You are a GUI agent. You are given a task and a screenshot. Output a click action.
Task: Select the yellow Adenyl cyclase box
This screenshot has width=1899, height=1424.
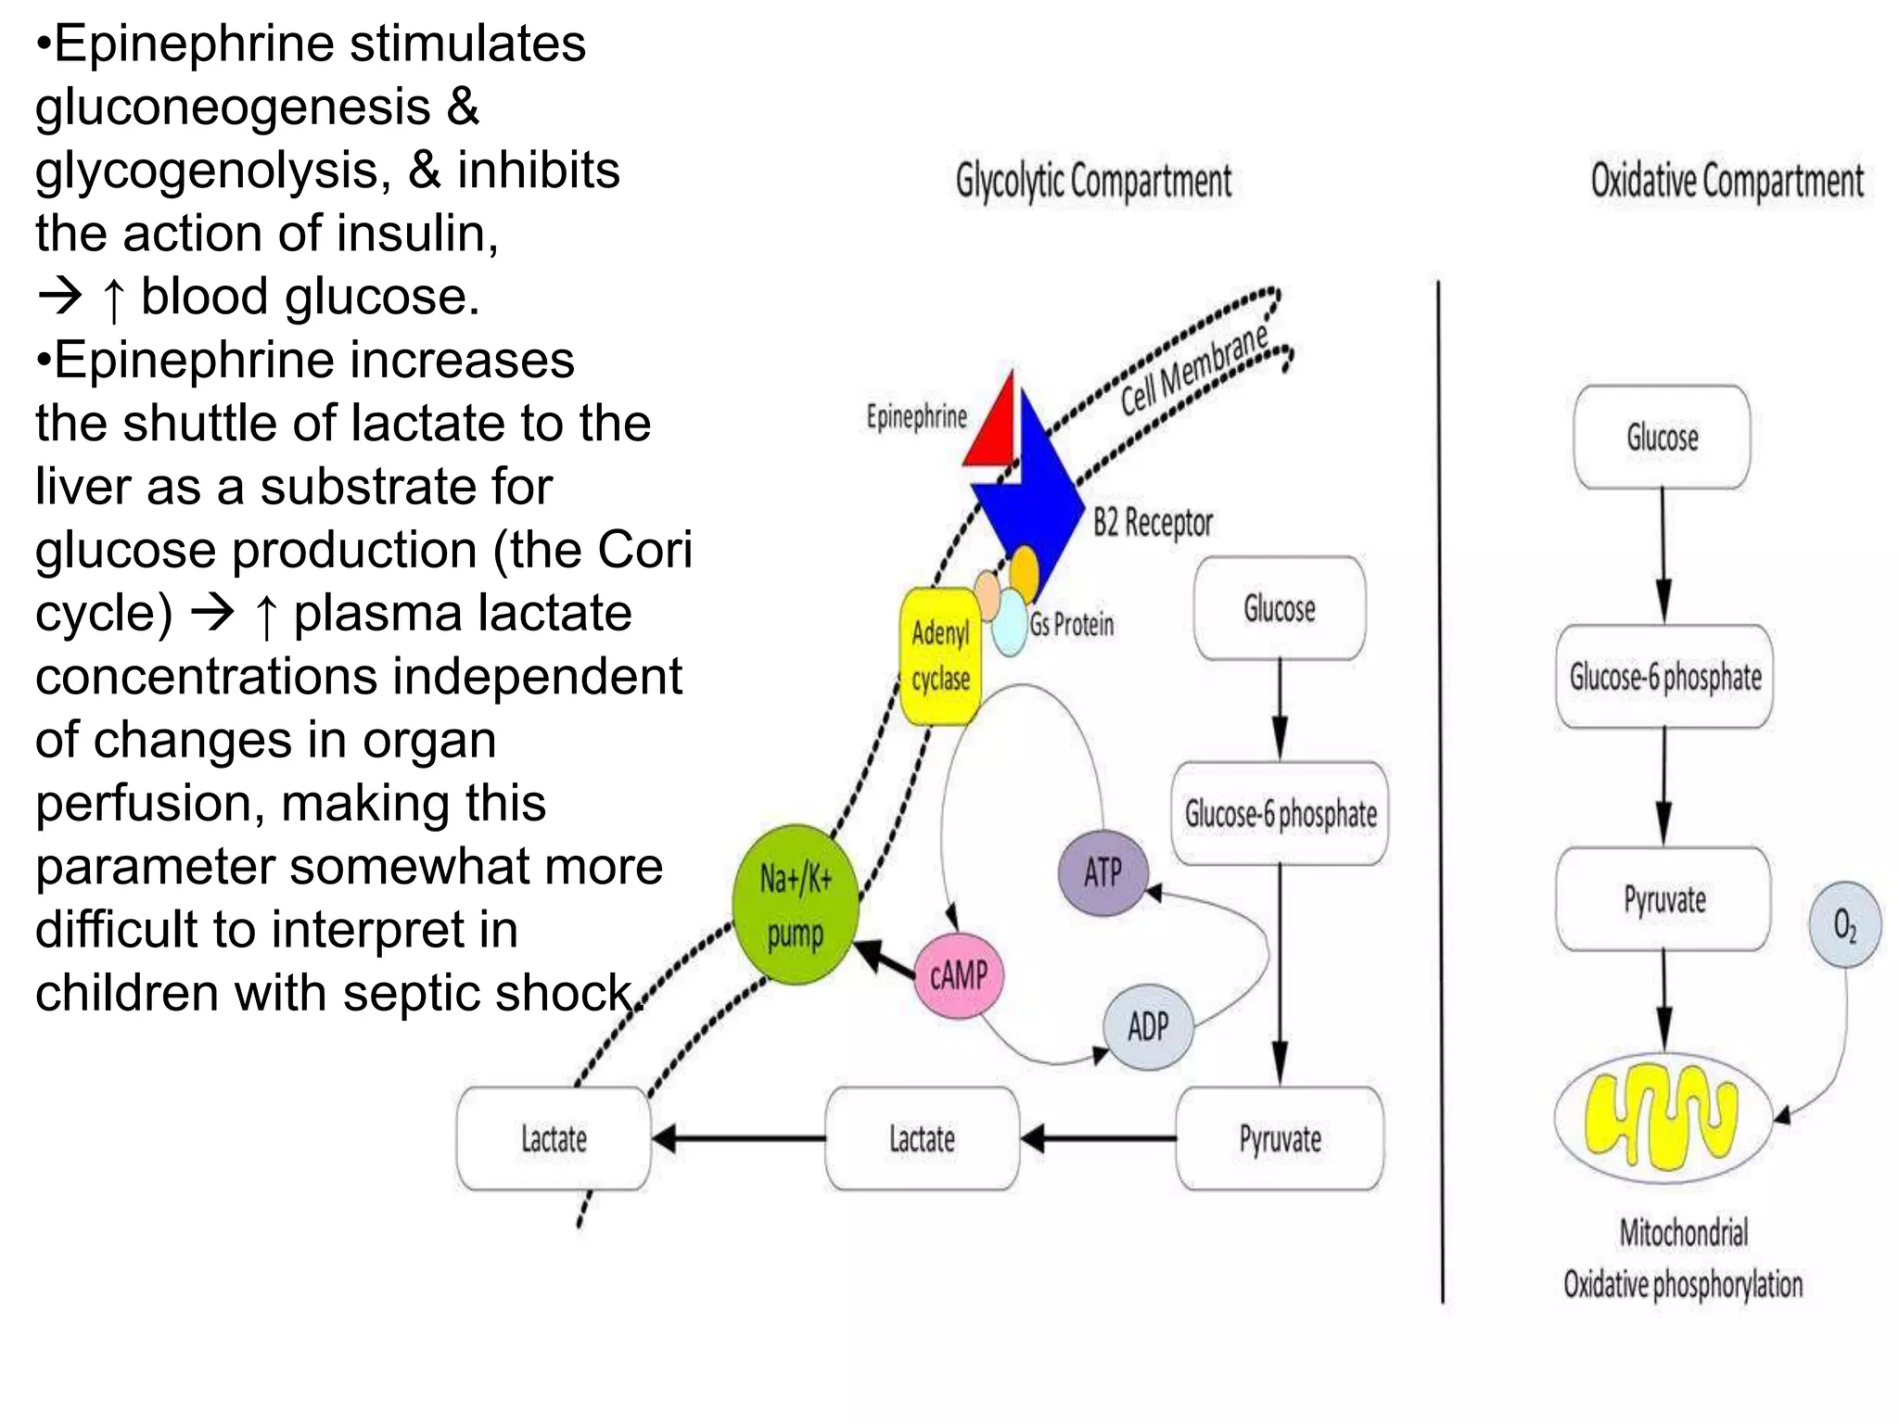[940, 656]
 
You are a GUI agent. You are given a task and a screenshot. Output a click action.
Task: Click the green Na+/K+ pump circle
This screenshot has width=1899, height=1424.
[796, 905]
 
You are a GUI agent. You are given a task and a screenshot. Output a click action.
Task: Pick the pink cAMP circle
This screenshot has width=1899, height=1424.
[959, 975]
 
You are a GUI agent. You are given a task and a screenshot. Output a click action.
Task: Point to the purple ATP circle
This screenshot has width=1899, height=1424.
[1102, 872]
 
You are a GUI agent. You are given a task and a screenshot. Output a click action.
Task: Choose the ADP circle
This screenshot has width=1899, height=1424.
[1147, 1027]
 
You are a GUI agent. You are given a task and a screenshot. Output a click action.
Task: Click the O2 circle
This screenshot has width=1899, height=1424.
[1844, 924]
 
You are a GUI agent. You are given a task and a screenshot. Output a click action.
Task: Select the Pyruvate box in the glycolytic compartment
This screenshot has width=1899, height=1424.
[1280, 1138]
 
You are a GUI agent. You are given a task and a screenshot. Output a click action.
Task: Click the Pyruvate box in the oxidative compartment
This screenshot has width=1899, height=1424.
[1663, 899]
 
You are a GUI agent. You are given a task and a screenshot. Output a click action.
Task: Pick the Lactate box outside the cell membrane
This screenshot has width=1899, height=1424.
[554, 1138]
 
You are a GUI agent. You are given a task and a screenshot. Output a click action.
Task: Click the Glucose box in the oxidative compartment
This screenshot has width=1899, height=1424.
[1662, 438]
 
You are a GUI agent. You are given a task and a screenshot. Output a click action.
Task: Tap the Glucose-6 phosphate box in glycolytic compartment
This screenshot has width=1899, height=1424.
[1280, 814]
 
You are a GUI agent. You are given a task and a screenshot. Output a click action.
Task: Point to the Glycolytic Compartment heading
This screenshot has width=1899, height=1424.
[1093, 181]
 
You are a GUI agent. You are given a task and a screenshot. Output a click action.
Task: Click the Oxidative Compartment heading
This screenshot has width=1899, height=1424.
[1727, 181]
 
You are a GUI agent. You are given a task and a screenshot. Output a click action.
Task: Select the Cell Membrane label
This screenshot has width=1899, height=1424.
[1194, 371]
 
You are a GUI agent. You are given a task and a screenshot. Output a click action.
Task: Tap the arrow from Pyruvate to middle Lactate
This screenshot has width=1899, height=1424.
[1098, 1138]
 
